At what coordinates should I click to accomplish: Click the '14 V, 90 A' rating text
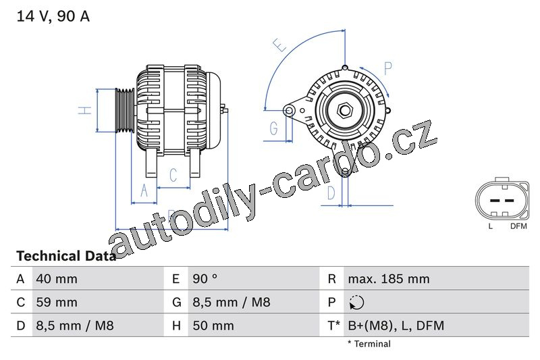pyautogui.click(x=53, y=16)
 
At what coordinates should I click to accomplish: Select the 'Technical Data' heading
pyautogui.click(x=66, y=256)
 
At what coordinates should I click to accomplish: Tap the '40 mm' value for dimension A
pyautogui.click(x=57, y=279)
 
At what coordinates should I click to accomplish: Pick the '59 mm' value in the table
pyautogui.click(x=57, y=302)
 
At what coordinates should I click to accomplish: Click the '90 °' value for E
pyautogui.click(x=205, y=279)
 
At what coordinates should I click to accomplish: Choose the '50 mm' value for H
pyautogui.click(x=213, y=326)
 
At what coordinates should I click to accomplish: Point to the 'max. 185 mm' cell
pyautogui.click(x=389, y=279)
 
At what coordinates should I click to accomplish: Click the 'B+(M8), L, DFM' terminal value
pyautogui.click(x=396, y=326)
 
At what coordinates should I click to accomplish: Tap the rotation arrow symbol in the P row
pyautogui.click(x=356, y=303)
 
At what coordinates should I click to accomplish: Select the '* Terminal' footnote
pyautogui.click(x=369, y=344)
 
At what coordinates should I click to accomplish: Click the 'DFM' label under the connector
pyautogui.click(x=518, y=226)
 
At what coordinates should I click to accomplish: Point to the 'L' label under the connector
pyautogui.click(x=491, y=226)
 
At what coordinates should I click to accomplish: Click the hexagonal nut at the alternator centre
pyautogui.click(x=344, y=111)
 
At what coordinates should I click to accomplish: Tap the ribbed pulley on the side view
pyautogui.click(x=124, y=110)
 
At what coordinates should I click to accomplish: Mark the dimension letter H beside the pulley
pyautogui.click(x=85, y=110)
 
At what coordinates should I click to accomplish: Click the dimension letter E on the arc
pyautogui.click(x=280, y=45)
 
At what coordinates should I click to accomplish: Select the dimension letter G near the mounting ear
pyautogui.click(x=274, y=128)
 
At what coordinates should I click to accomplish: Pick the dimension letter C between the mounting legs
pyautogui.click(x=173, y=175)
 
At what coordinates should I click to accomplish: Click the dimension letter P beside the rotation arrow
pyautogui.click(x=388, y=68)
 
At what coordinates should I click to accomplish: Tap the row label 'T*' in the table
pyautogui.click(x=333, y=326)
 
